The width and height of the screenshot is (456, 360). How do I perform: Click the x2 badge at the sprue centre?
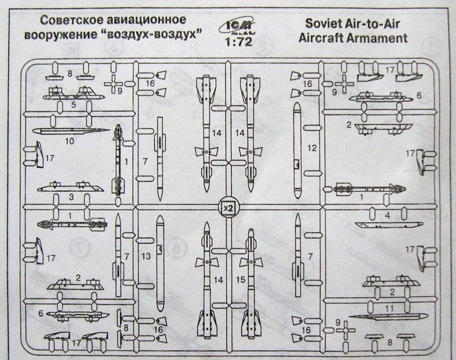coord(227,207)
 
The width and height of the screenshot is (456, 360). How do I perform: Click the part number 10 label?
coord(69,141)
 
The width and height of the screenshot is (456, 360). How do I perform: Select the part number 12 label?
coord(312,149)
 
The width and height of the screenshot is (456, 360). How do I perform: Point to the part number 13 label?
coord(146,257)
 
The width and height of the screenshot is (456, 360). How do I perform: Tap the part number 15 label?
coord(241,279)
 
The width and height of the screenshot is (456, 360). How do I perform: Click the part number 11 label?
coord(389,307)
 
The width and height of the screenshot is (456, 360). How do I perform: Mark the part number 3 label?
coord(71,196)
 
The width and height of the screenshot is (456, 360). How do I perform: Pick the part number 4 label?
coord(387,215)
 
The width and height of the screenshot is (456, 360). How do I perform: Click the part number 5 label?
coord(73,105)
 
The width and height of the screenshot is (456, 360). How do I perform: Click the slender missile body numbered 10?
coord(71,131)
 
